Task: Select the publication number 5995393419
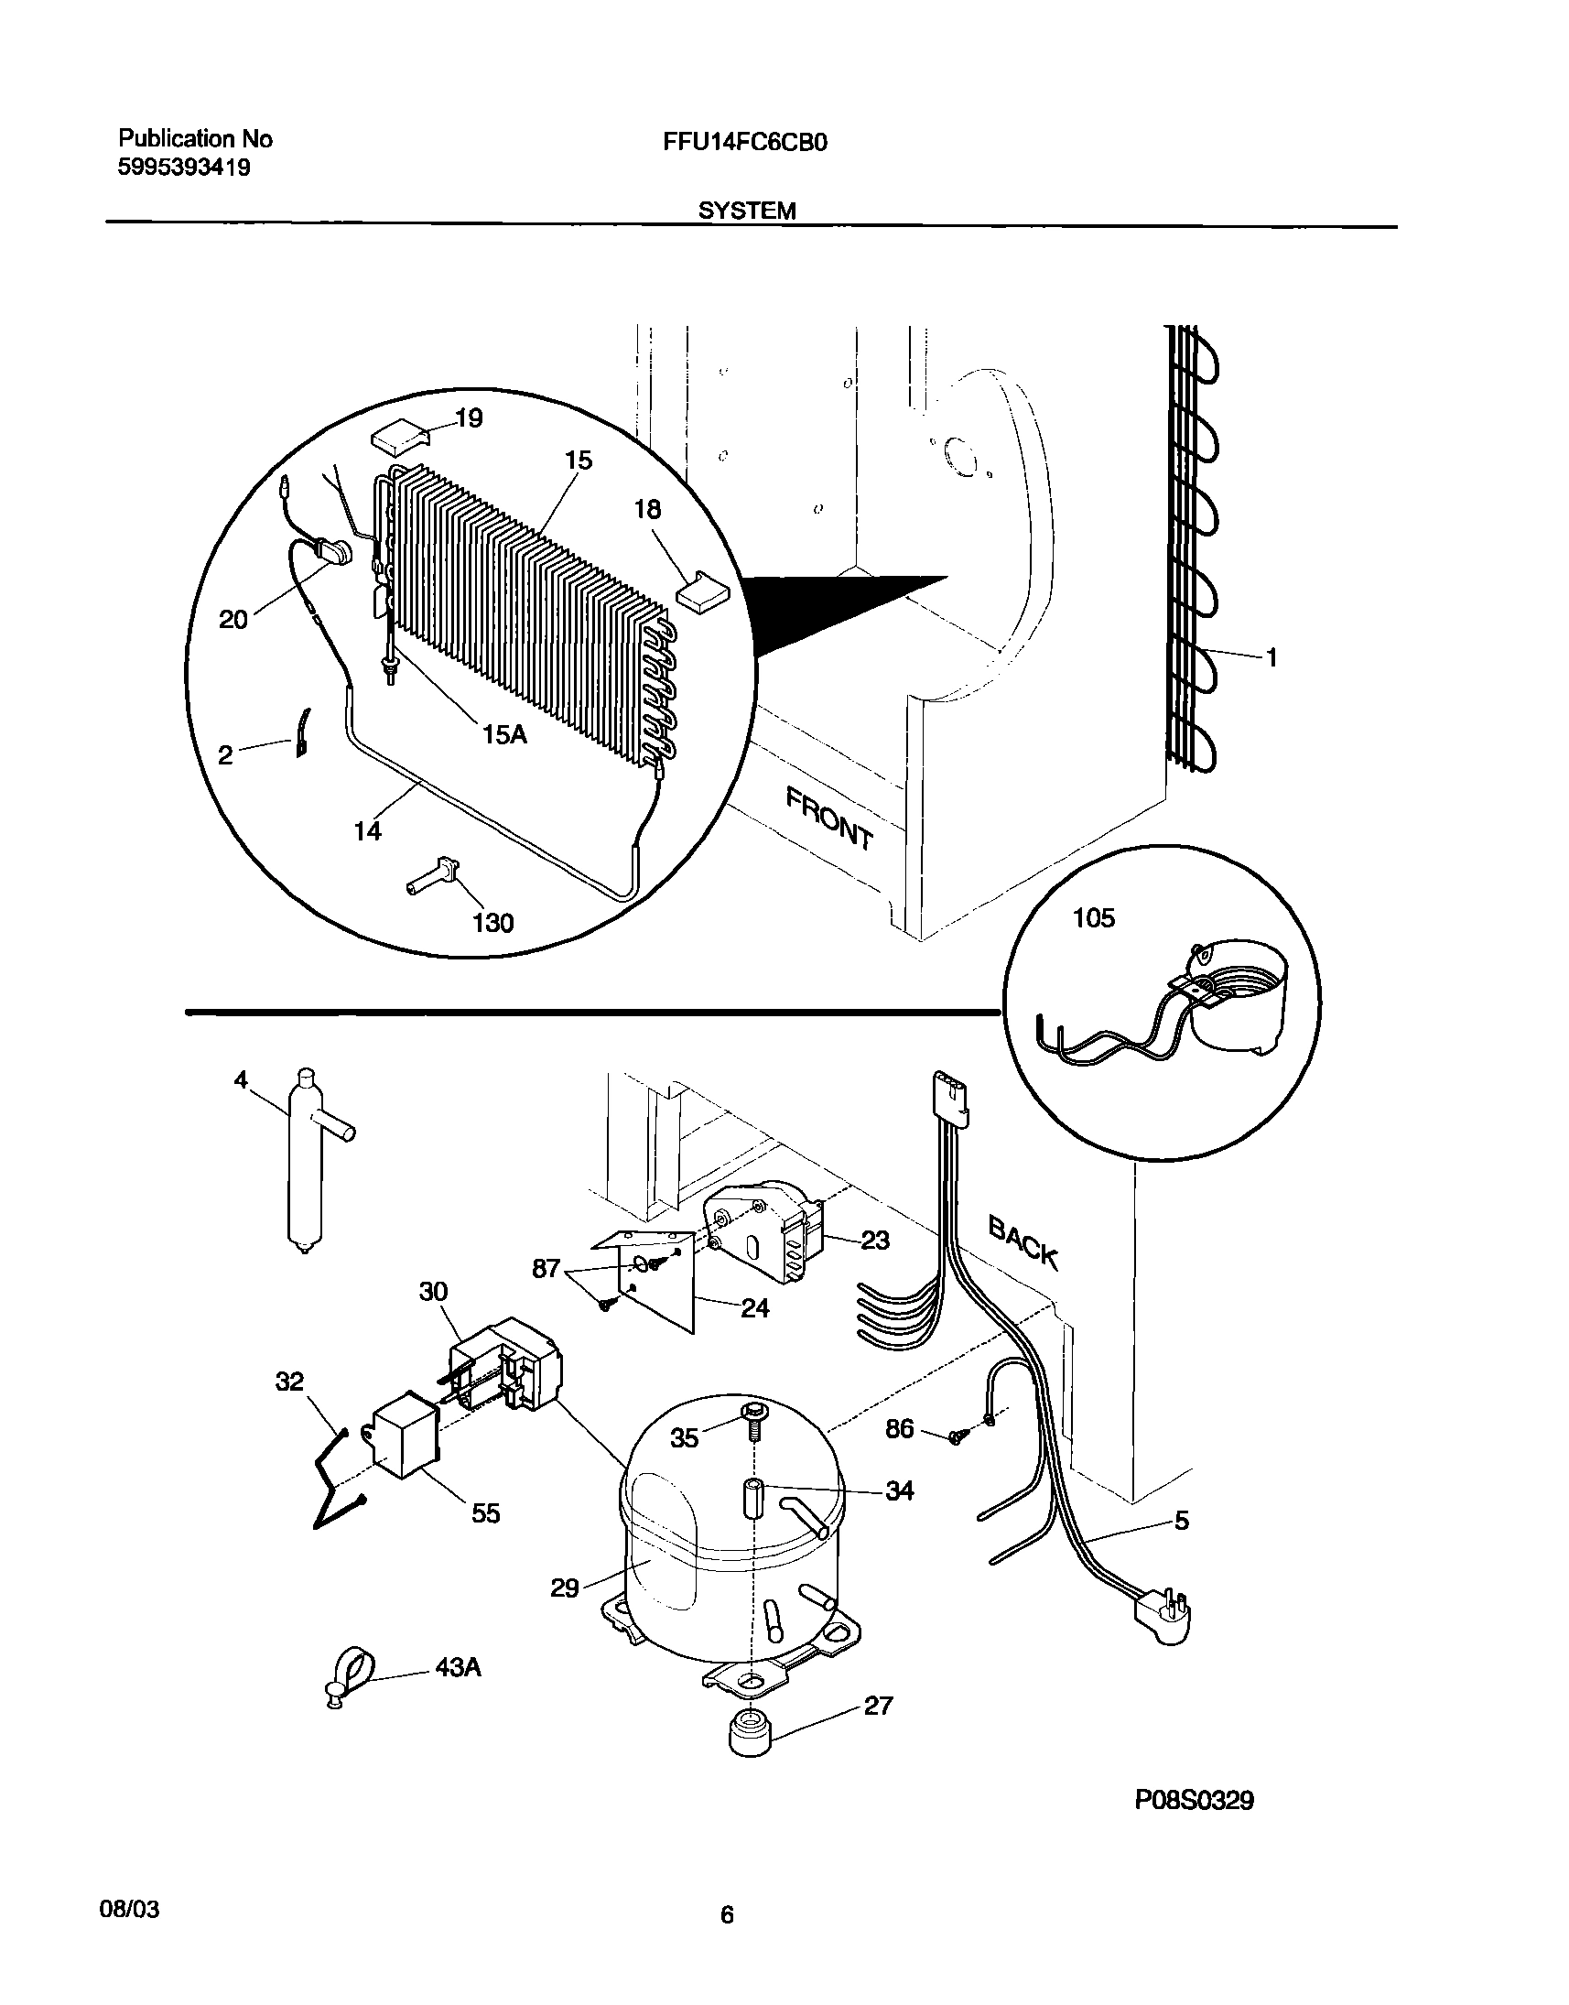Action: [185, 168]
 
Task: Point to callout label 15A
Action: [504, 734]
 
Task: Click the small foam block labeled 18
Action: [701, 589]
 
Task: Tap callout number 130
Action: [492, 922]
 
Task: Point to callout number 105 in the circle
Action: [1093, 918]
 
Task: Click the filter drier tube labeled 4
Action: [306, 1162]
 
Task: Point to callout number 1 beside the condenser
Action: [1271, 657]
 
